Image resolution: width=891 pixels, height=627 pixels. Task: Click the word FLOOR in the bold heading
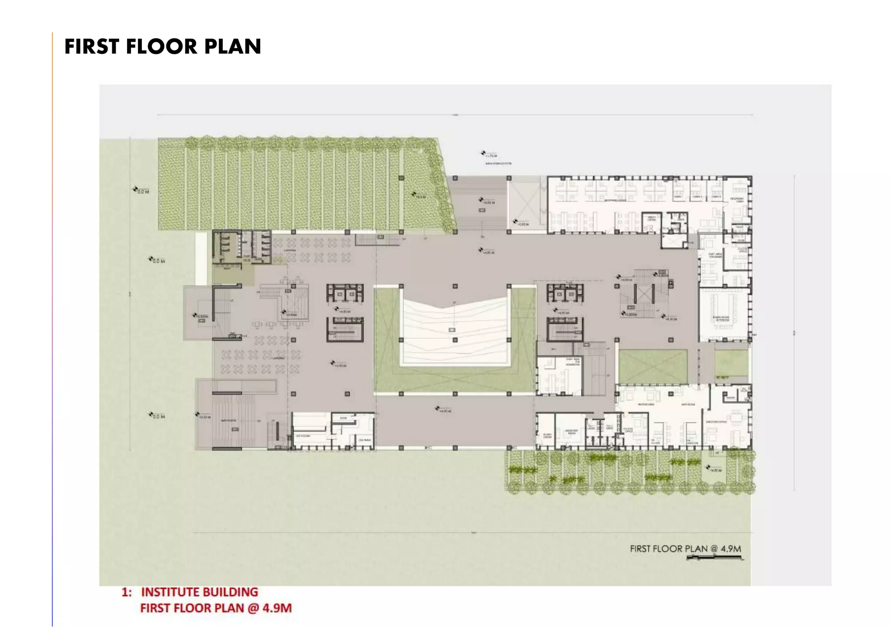tap(161, 47)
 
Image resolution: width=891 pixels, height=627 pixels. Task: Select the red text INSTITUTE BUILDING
tap(199, 592)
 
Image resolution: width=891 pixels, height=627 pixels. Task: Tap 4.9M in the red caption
tap(277, 608)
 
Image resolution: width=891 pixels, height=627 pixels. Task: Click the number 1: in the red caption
tap(126, 592)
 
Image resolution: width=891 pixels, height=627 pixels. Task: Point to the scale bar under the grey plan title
tap(714, 558)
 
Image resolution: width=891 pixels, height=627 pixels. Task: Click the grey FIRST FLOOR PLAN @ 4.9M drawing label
tap(685, 549)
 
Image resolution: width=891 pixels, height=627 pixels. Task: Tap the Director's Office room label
tap(716, 422)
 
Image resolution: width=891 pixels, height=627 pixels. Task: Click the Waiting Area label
tap(646, 405)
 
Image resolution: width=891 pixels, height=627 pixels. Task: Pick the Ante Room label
tap(688, 405)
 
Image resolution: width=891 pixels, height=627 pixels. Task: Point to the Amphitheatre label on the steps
tap(229, 421)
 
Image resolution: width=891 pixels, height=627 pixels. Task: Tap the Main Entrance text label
tap(498, 164)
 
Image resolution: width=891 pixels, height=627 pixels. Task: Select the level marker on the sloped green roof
tap(418, 196)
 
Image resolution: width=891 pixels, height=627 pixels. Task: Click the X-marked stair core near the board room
tap(643, 294)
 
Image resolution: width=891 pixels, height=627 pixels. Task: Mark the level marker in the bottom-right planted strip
tap(713, 469)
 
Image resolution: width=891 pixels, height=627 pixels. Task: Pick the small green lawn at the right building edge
tap(731, 363)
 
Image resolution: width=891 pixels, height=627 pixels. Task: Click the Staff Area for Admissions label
tap(573, 362)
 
